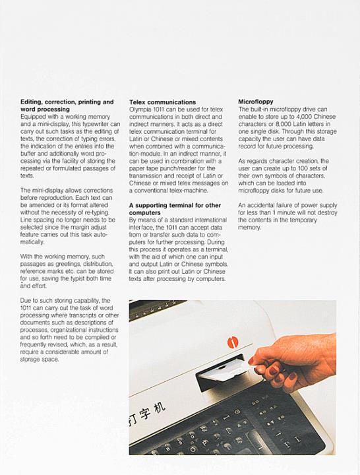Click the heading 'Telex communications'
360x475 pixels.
coord(162,102)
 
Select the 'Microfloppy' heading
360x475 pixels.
coord(256,102)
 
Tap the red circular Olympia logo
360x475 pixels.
coord(233,342)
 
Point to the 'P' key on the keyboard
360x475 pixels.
coord(204,443)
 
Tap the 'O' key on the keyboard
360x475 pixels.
coord(193,449)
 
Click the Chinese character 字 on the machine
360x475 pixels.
coord(144,414)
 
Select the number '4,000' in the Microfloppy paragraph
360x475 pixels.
coord(304,117)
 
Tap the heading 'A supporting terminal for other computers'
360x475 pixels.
coord(175,209)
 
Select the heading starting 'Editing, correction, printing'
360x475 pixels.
coord(67,106)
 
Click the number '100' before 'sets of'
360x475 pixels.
coord(303,168)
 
